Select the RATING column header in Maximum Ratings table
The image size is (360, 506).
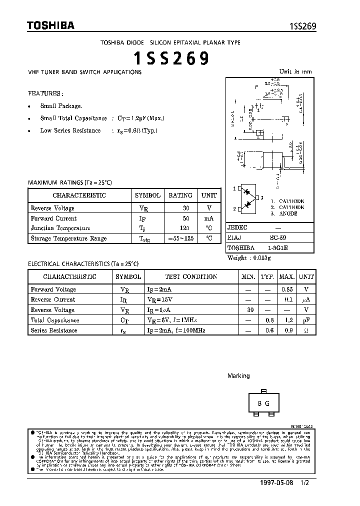(x=180, y=195)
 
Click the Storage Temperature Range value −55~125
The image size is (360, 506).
(x=180, y=238)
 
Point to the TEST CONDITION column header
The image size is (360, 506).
(x=191, y=276)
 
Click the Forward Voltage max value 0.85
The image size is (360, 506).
(x=286, y=289)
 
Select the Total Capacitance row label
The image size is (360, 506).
(x=55, y=320)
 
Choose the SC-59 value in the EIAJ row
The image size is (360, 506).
(x=282, y=237)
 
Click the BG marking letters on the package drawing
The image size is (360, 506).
(x=264, y=403)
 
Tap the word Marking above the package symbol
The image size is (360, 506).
(x=238, y=375)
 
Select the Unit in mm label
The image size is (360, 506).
(x=295, y=71)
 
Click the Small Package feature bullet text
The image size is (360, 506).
(x=61, y=106)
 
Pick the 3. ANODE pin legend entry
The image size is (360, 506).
(x=284, y=213)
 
